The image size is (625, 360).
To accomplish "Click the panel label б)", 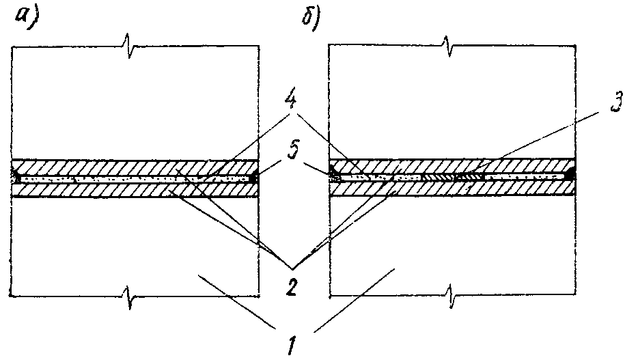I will click(x=311, y=17).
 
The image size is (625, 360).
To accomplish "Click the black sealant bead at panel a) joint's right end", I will click(x=255, y=178).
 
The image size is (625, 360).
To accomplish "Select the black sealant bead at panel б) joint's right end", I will click(x=571, y=175).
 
